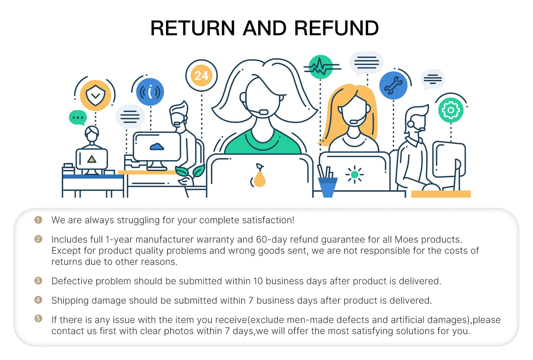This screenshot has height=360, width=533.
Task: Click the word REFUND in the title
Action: [x=336, y=28]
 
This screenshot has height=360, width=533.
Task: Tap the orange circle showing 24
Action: [x=201, y=76]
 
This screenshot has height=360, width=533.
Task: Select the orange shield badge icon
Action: [x=96, y=95]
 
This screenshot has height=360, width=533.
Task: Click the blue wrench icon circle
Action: [x=393, y=86]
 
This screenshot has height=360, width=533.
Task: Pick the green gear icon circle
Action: [x=450, y=110]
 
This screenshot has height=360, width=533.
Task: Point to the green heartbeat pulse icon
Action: [x=321, y=67]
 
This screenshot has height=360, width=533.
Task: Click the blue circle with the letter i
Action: [x=150, y=92]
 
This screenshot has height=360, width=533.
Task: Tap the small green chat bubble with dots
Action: [x=78, y=118]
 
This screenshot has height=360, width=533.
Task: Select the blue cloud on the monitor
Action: [x=157, y=147]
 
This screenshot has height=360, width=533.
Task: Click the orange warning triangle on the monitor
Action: [x=91, y=159]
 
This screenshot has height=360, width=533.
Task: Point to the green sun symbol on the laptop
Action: [x=354, y=174]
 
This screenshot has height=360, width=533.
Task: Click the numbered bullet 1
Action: [x=38, y=220]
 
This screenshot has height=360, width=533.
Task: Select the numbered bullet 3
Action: [x=38, y=281]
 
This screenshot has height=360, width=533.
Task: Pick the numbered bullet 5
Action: [x=38, y=318]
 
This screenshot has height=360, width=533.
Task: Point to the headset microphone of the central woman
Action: [x=263, y=112]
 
